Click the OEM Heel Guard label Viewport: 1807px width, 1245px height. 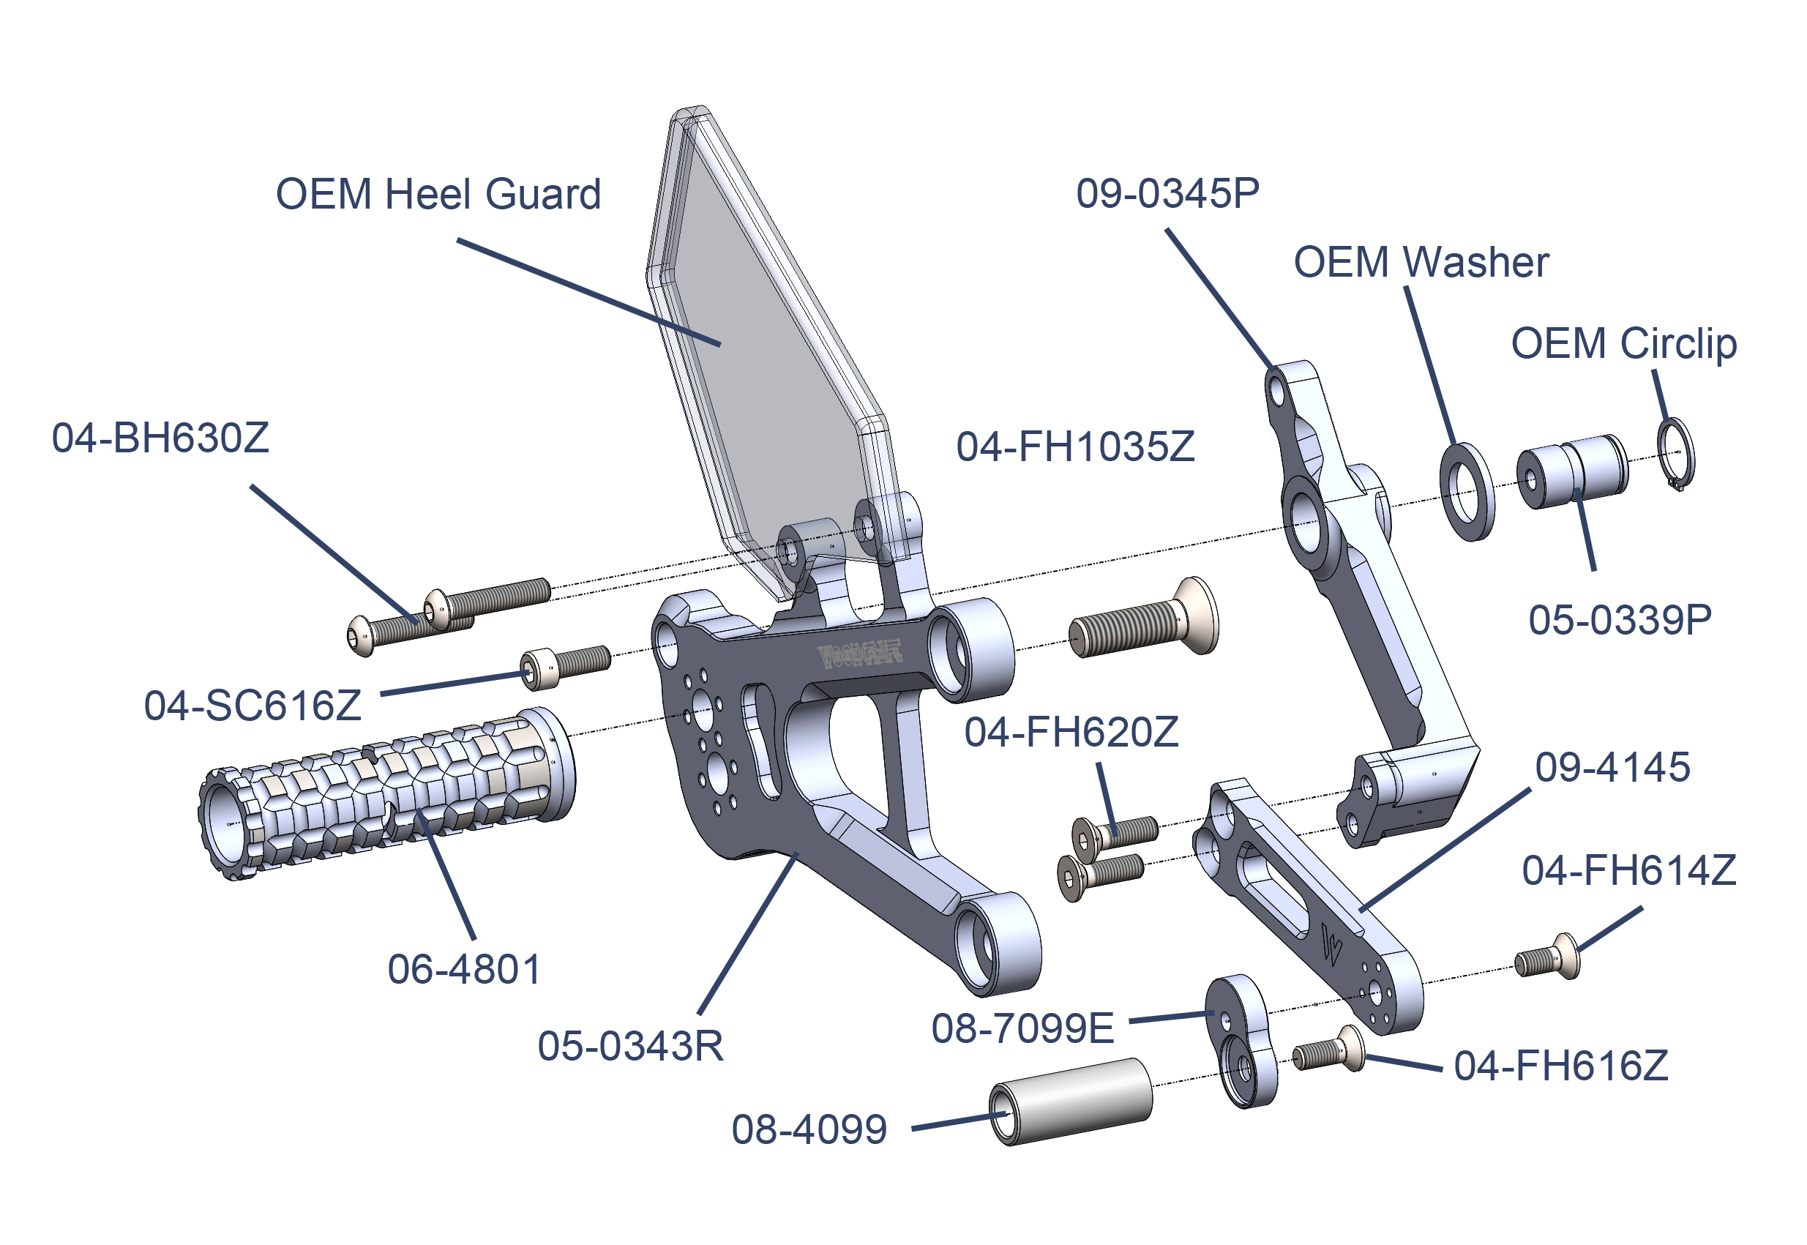pyautogui.click(x=438, y=194)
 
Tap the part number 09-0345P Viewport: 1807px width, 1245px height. pyautogui.click(x=1167, y=193)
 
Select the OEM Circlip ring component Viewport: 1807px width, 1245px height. pyautogui.click(x=1676, y=454)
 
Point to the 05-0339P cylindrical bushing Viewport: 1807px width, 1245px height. pyautogui.click(x=1571, y=471)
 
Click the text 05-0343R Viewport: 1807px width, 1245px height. pyautogui.click(x=630, y=1046)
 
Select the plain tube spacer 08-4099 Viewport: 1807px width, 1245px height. pyautogui.click(x=1071, y=1102)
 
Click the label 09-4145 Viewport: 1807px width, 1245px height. pyautogui.click(x=1612, y=768)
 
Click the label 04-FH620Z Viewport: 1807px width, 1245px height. pyautogui.click(x=1071, y=733)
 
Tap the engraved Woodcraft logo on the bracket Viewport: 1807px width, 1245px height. pyautogui.click(x=858, y=654)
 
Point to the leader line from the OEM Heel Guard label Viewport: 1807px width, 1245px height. pyautogui.click(x=589, y=293)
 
